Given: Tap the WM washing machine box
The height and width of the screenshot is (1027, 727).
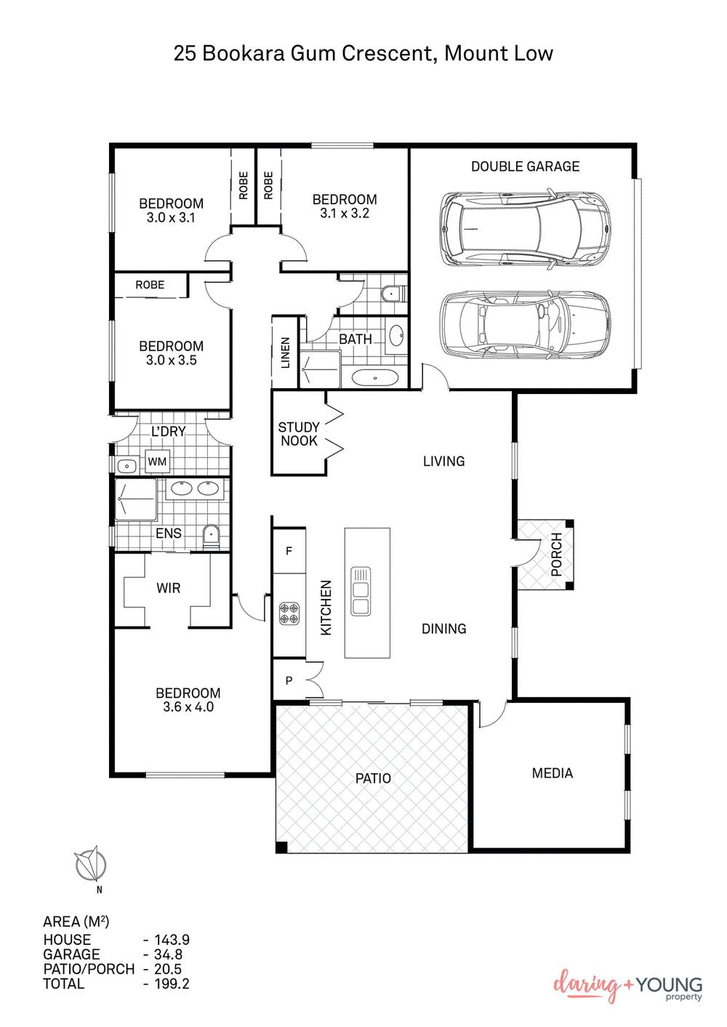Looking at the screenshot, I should click(157, 462).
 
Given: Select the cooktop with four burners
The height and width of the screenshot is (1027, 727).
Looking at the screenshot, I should click(289, 612).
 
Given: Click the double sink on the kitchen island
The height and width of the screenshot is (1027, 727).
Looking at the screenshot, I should click(361, 592).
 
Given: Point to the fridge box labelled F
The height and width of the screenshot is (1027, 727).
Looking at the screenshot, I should click(289, 552).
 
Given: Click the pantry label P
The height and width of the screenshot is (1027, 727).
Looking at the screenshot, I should click(289, 681).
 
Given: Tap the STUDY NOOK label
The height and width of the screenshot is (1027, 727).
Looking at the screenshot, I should click(299, 434).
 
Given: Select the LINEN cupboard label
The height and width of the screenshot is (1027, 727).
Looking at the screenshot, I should click(285, 353).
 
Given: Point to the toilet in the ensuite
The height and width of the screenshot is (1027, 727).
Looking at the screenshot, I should click(211, 537).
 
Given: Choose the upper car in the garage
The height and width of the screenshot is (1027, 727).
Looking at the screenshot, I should click(524, 229).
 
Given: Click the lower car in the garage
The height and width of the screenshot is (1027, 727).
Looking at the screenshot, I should click(524, 323).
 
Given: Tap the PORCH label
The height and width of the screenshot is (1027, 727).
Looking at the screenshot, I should click(556, 555).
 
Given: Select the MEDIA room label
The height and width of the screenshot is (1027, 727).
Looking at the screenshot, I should click(553, 773).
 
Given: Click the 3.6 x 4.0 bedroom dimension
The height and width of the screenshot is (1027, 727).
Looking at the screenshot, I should click(188, 707).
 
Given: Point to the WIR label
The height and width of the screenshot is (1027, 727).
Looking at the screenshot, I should click(168, 588).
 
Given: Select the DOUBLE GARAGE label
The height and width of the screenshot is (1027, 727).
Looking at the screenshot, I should click(525, 166).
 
